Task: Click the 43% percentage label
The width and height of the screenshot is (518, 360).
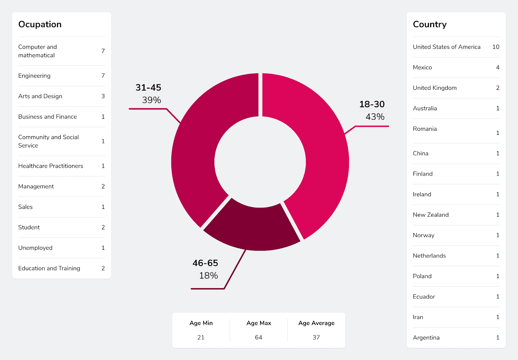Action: (x=375, y=117)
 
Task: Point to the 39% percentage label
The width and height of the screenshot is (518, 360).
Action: (x=152, y=100)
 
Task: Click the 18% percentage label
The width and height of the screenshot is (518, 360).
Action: (x=208, y=276)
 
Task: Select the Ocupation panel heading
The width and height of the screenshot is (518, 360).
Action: (x=40, y=25)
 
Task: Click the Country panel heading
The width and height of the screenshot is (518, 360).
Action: (x=430, y=25)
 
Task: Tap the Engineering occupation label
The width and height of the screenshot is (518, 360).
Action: (x=34, y=76)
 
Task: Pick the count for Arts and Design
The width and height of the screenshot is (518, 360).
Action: (x=103, y=96)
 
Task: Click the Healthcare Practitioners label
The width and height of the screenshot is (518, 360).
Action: (x=51, y=166)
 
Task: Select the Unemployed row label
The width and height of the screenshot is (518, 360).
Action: (x=35, y=248)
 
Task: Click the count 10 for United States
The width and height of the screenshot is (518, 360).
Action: (x=496, y=47)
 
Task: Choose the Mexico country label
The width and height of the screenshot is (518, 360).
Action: (x=422, y=67)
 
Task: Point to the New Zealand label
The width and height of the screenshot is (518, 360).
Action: (x=431, y=215)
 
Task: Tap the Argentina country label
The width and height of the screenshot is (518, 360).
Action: (x=426, y=338)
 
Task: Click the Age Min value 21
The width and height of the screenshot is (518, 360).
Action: (x=201, y=337)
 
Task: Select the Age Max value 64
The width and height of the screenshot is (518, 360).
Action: (x=258, y=337)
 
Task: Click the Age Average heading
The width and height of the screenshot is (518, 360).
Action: (x=316, y=323)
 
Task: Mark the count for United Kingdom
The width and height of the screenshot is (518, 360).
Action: (x=498, y=88)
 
